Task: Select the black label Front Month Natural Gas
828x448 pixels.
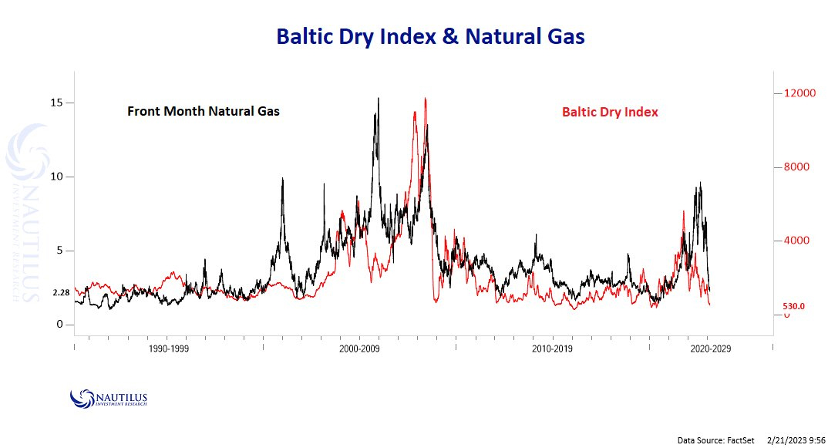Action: [x=204, y=111]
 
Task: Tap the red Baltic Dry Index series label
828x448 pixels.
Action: [x=610, y=112]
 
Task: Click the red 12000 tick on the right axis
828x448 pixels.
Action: [x=799, y=93]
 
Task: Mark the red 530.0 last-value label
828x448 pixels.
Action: [x=793, y=306]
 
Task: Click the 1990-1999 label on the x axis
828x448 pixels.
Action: [x=169, y=349]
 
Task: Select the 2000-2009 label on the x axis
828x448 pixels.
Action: [x=359, y=349]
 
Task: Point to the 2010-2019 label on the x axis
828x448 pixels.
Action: [x=552, y=349]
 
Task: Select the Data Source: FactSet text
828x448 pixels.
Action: [x=711, y=440]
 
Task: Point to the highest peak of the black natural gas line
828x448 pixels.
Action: [x=378, y=98]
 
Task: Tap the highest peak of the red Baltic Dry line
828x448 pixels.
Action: [x=426, y=98]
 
